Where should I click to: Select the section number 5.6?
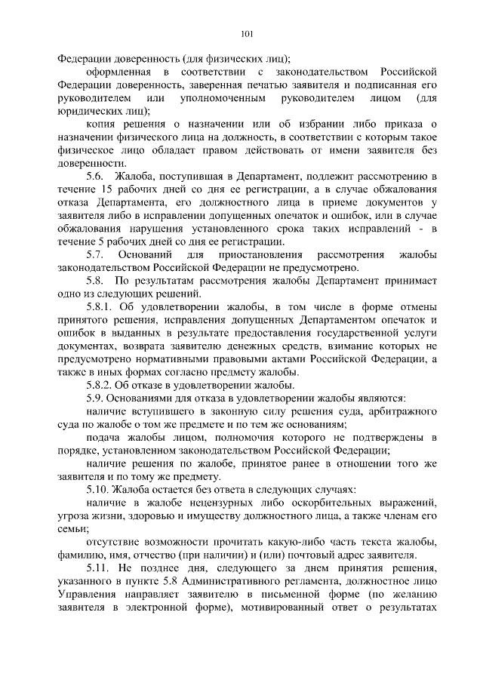click(95, 177)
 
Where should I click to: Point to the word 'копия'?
click(103, 123)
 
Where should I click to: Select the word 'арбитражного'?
click(400, 411)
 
